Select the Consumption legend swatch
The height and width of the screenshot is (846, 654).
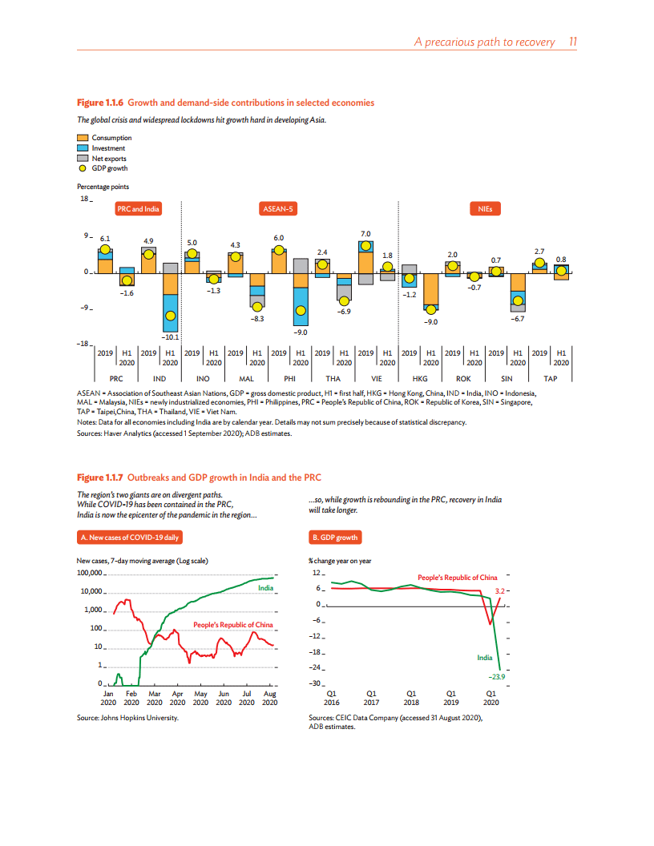(83, 138)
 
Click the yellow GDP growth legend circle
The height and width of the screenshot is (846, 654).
(83, 168)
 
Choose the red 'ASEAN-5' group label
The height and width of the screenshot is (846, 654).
(278, 209)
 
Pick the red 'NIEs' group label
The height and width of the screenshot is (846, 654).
(485, 209)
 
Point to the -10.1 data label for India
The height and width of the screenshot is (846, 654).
(171, 337)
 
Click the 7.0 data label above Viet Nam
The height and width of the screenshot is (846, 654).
(365, 232)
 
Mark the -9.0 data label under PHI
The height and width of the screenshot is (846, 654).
(300, 331)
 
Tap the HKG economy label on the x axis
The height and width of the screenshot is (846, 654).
(420, 377)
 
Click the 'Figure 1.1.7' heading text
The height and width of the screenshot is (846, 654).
(100, 477)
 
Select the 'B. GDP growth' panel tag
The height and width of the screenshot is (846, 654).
(335, 537)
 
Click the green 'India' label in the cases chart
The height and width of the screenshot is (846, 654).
(266, 588)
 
